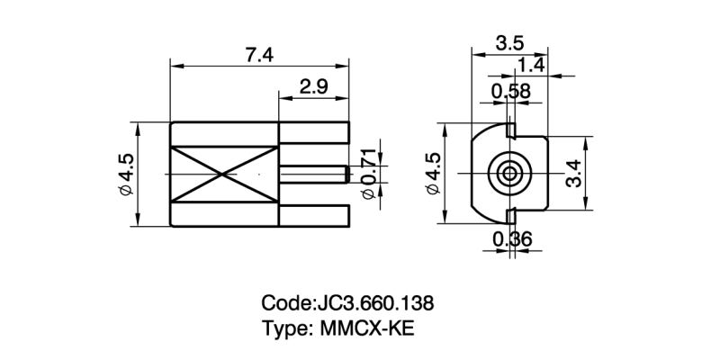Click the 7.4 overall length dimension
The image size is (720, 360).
[259, 55]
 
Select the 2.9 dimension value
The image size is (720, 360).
[312, 87]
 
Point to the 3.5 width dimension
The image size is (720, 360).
[510, 42]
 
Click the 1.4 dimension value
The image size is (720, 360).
[531, 65]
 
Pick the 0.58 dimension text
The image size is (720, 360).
[510, 91]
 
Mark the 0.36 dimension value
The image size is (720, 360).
[511, 239]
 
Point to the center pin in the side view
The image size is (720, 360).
[313, 173]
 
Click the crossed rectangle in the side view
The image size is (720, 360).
[224, 174]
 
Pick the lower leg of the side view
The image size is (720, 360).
[313, 216]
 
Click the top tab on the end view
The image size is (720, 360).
[510, 131]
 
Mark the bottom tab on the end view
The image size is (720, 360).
[511, 216]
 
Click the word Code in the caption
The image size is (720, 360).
[283, 301]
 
